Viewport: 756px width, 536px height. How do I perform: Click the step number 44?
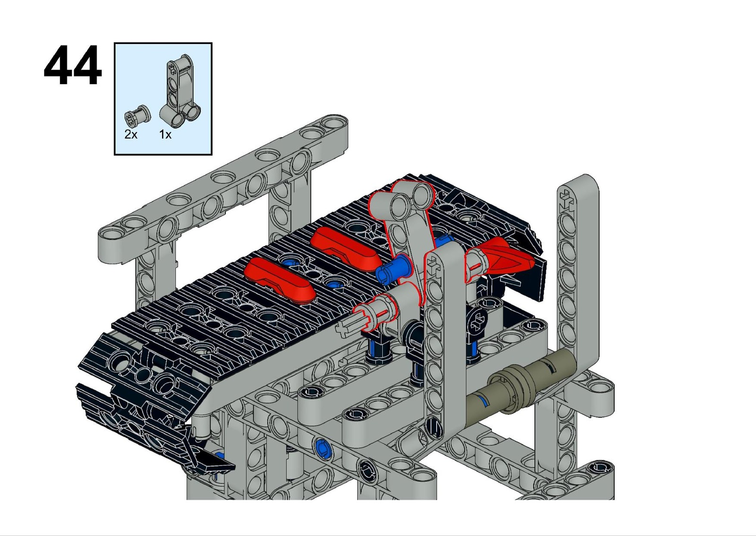click(73, 65)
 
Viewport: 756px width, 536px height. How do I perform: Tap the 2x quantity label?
click(131, 134)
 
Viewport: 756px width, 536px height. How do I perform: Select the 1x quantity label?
click(165, 134)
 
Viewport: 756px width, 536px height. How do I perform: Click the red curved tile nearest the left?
click(280, 280)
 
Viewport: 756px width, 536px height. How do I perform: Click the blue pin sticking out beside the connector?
click(393, 269)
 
